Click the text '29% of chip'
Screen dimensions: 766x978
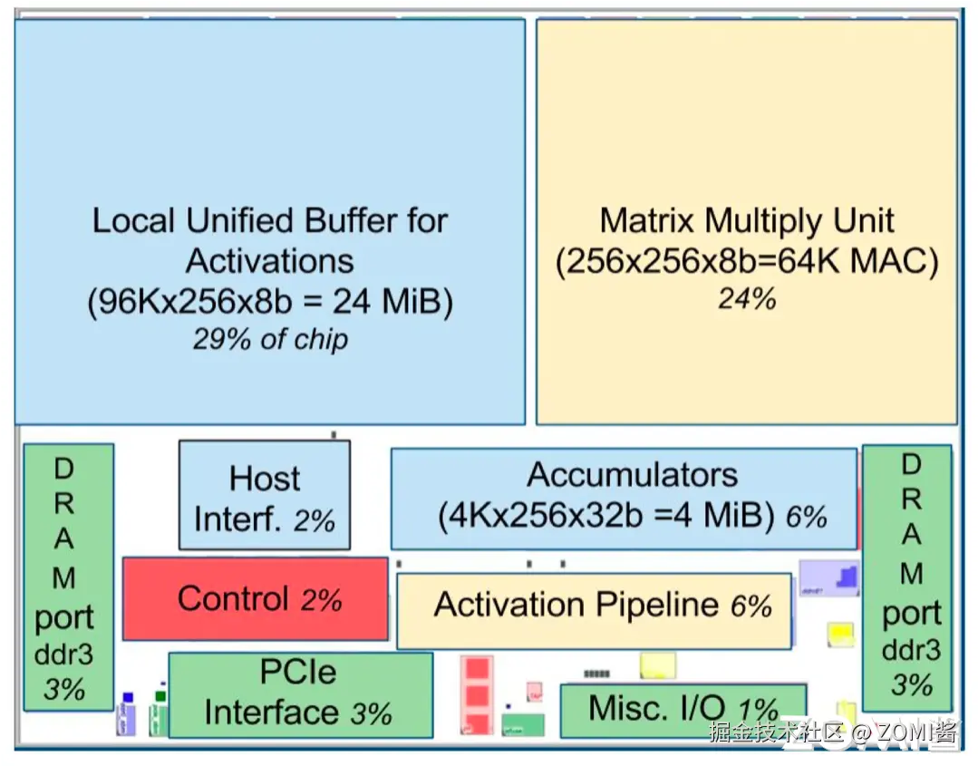[270, 339]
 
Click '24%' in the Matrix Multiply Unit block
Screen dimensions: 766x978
[747, 298]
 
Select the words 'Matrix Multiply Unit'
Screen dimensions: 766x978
[747, 220]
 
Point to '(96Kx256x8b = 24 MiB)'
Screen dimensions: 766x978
[270, 301]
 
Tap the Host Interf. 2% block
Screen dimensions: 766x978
[264, 496]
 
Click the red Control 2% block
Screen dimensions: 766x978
[256, 599]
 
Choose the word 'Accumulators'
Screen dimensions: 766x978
[633, 475]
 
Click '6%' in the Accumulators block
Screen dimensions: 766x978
[806, 517]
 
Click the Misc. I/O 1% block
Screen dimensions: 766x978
[683, 709]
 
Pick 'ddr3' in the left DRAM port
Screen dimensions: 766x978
[63, 654]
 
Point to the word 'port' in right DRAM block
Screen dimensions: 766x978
[911, 614]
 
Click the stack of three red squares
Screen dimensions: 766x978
[476, 696]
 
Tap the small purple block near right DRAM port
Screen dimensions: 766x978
[828, 577]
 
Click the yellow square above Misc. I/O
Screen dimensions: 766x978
[657, 665]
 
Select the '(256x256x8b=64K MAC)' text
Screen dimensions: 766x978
[747, 261]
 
